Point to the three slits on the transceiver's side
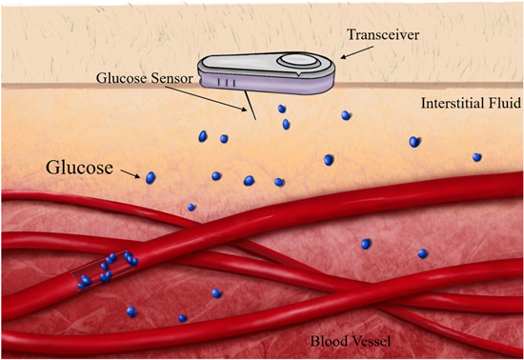(x=220, y=83)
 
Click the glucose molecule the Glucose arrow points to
(x=151, y=177)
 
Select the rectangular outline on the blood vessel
(x=102, y=268)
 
